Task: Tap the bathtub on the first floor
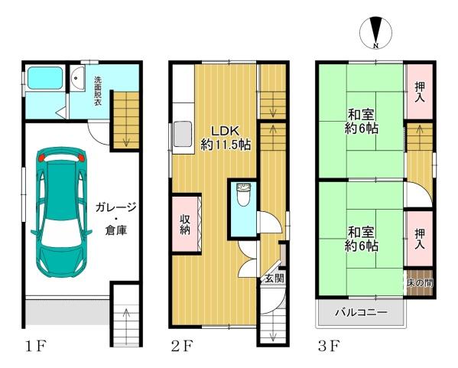click(45, 79)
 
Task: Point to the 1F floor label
click(34, 347)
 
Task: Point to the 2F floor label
click(181, 347)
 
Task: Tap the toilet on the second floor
click(242, 197)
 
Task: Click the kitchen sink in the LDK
click(184, 135)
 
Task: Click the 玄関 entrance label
click(274, 278)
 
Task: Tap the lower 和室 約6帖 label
click(359, 238)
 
